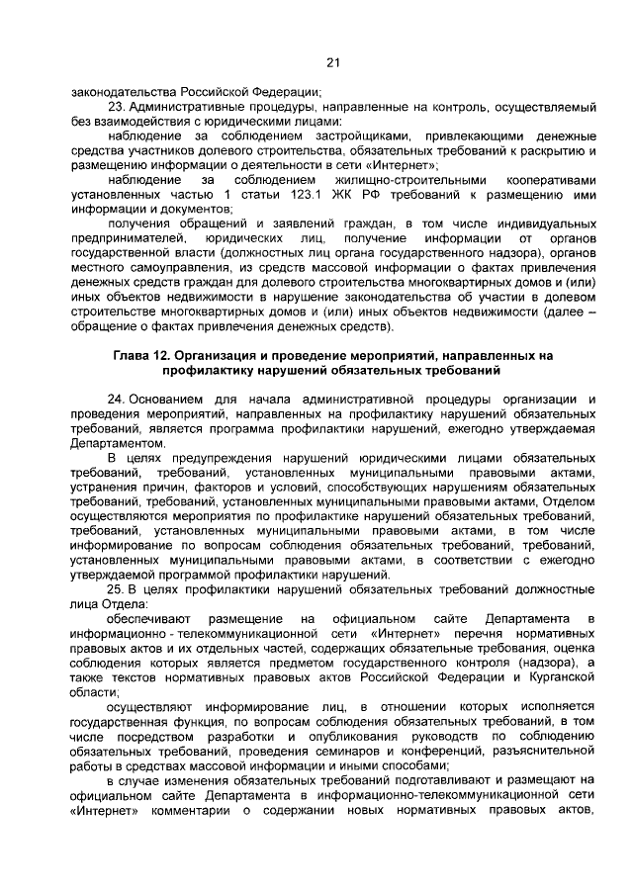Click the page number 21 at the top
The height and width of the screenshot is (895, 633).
(333, 63)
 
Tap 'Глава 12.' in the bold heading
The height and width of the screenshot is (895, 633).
(142, 353)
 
